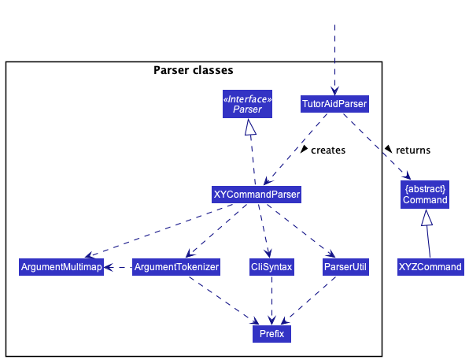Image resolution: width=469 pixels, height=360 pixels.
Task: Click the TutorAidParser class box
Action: [x=334, y=104]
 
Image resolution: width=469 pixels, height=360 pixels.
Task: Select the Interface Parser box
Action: [x=247, y=104]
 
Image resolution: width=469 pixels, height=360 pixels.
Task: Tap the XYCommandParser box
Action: [x=257, y=195]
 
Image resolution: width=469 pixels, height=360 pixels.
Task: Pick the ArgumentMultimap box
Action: [x=61, y=267]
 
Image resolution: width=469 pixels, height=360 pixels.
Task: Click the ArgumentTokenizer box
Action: [x=176, y=267]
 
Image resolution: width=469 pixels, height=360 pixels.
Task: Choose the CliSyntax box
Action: [x=271, y=267]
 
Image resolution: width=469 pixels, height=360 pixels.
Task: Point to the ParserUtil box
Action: [x=345, y=267]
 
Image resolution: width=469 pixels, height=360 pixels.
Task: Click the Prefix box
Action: [x=271, y=334]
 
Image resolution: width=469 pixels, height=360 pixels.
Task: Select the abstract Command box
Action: [x=425, y=195]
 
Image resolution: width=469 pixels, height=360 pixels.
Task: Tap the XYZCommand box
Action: [x=430, y=267]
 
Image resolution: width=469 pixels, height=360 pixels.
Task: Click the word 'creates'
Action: [x=328, y=150]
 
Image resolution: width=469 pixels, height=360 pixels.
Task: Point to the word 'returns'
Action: [x=413, y=150]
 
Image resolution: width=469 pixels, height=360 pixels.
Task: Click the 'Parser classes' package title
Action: [x=194, y=70]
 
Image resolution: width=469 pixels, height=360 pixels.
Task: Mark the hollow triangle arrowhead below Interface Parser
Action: [x=250, y=127]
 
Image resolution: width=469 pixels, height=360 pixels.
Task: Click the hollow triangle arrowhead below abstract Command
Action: [x=427, y=217]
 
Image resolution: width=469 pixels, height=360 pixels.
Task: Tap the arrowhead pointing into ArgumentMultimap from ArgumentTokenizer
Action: [x=109, y=267]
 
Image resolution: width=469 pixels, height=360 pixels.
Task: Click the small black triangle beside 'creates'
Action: [x=305, y=149]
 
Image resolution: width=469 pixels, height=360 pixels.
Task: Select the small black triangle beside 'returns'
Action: [x=388, y=149]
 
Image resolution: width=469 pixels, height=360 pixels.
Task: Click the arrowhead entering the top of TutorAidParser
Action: [x=334, y=91]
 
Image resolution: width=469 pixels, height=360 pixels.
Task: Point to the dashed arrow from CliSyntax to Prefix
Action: [x=271, y=300]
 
